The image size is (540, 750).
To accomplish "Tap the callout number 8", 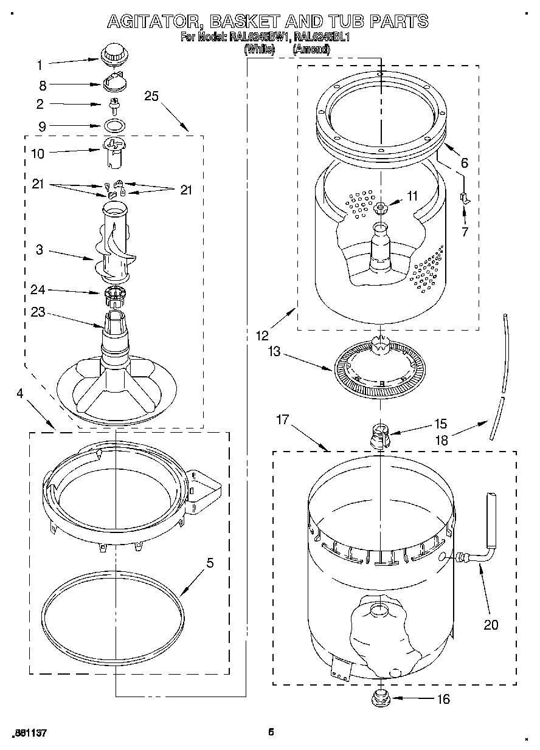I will [x=43, y=86].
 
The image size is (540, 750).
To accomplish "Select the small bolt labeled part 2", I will [x=113, y=106].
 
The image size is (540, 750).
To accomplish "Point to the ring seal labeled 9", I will [x=114, y=126].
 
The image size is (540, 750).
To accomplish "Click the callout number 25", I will [x=152, y=96].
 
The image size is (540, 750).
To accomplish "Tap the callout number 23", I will [x=38, y=312].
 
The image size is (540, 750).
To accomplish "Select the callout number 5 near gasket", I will [x=210, y=563].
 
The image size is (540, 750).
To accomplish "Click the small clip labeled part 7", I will [x=464, y=197].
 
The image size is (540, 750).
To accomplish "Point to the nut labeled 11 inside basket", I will [x=381, y=208].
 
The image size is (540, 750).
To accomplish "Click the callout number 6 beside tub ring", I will [x=464, y=163].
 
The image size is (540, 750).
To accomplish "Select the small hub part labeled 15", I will [x=379, y=435].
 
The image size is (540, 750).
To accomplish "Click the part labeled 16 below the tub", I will [x=379, y=697].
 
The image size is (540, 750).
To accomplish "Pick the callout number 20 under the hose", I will [x=491, y=624].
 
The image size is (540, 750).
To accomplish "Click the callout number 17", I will [x=282, y=419].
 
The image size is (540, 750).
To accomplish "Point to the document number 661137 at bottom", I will [x=29, y=733].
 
